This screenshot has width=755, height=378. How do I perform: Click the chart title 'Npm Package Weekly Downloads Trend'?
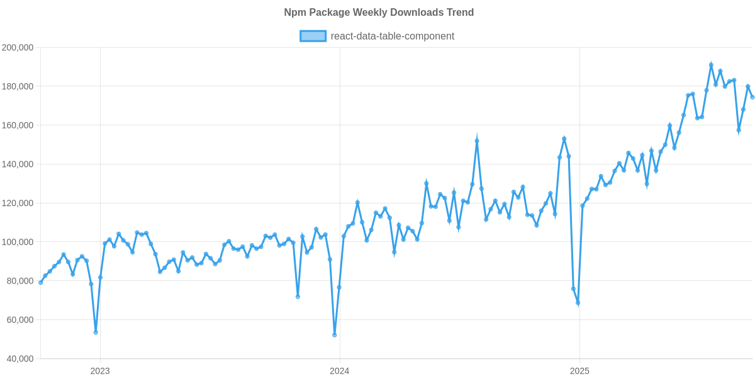(378, 13)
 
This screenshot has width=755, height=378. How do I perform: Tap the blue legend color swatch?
(313, 36)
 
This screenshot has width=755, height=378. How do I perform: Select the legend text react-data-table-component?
(393, 36)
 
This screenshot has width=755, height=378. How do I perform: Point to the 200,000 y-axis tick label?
(18, 48)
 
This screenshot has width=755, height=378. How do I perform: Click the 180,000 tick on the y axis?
(18, 87)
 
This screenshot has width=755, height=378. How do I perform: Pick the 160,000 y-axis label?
(18, 126)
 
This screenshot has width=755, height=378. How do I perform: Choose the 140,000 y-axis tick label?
(18, 164)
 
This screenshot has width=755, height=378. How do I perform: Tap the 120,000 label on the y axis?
(18, 203)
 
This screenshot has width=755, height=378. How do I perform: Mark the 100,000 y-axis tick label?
(18, 243)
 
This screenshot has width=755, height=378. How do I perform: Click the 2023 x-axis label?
(100, 371)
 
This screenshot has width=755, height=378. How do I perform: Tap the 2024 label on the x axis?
(340, 371)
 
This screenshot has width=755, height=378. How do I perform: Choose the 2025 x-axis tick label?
(579, 371)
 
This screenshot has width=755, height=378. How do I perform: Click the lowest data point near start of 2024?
(335, 335)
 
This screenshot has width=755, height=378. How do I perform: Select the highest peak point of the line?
(711, 64)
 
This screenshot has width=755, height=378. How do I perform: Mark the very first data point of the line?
(40, 282)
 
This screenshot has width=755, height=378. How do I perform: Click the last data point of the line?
(752, 97)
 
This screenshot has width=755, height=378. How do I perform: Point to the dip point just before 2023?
(96, 333)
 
